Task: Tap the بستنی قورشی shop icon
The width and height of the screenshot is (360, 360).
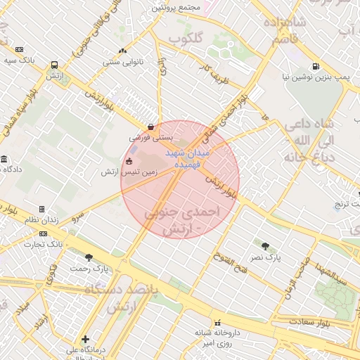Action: tap(150, 127)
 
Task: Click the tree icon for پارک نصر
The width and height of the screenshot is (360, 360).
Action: tap(265, 246)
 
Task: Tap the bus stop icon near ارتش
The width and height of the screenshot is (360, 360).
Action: tap(55, 65)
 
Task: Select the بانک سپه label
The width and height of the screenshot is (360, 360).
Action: tap(19, 60)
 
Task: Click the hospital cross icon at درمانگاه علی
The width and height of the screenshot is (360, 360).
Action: tap(85, 339)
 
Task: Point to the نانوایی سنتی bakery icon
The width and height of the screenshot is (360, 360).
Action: tap(124, 50)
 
